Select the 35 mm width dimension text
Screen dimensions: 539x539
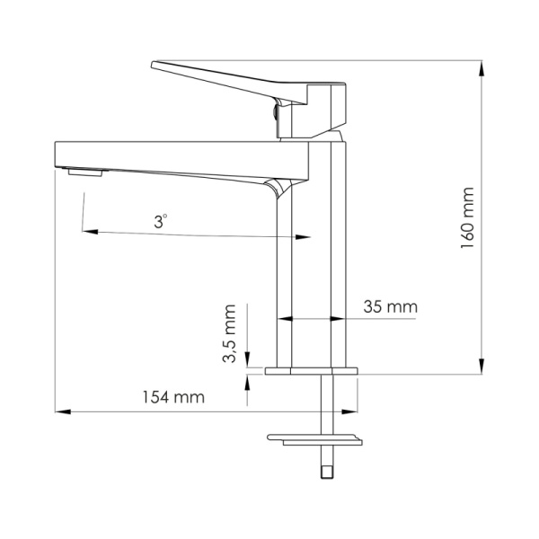click(x=391, y=306)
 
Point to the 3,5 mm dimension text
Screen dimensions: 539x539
click(x=230, y=334)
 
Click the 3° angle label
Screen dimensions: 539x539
click(x=160, y=220)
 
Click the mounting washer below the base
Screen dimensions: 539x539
click(x=314, y=439)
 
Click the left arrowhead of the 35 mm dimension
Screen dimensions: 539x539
click(x=285, y=318)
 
